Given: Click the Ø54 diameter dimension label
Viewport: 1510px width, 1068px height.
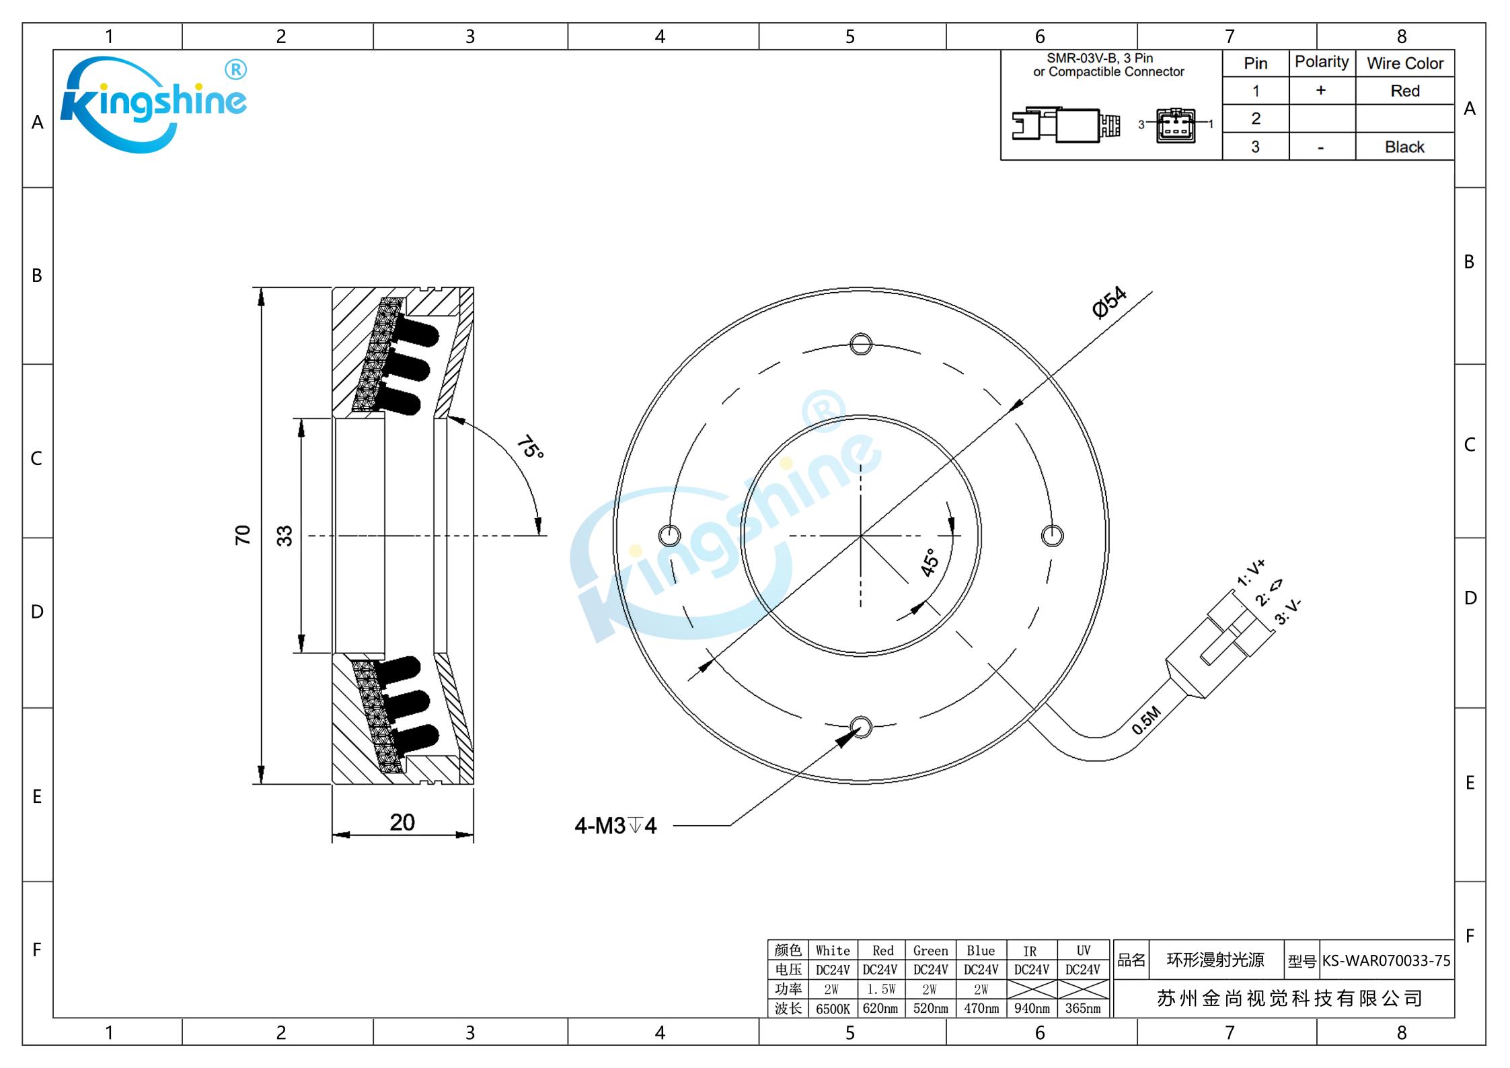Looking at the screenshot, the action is (x=1109, y=301).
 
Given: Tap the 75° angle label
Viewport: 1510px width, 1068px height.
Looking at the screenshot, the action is (x=530, y=447).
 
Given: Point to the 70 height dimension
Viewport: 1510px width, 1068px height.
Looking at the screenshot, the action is (x=242, y=535).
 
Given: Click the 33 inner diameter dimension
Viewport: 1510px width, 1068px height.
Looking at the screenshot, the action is (x=284, y=536).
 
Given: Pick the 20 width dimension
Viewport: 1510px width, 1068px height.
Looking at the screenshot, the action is (x=402, y=822).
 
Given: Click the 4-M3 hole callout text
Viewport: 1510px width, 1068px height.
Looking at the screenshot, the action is (x=615, y=825).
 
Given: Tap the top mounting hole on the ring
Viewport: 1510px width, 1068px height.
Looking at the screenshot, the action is (x=861, y=344).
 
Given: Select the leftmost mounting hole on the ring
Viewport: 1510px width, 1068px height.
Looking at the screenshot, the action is (x=669, y=536).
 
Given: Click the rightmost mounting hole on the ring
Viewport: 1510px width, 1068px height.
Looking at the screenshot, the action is (x=1052, y=536).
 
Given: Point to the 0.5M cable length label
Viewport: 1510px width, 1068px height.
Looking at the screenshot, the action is (x=1146, y=720).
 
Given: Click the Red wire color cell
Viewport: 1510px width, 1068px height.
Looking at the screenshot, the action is (x=1405, y=91).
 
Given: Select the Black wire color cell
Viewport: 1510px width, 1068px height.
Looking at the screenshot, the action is (x=1404, y=147).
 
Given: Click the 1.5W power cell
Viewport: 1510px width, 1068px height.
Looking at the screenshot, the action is (x=881, y=989).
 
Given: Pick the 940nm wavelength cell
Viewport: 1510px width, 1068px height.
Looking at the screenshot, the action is (x=1032, y=1008).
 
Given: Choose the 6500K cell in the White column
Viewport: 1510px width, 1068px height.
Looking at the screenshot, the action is (x=833, y=1008).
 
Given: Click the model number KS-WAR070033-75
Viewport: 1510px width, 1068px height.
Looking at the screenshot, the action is (x=1386, y=960).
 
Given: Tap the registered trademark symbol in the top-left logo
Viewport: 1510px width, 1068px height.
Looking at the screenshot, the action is (x=235, y=69).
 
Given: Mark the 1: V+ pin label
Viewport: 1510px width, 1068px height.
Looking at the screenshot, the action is (x=1250, y=573).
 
